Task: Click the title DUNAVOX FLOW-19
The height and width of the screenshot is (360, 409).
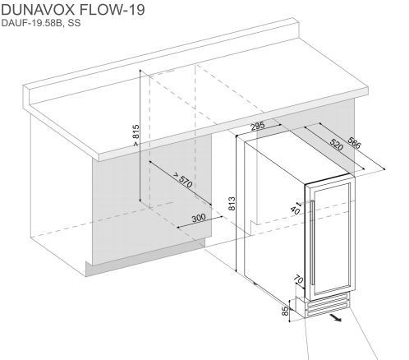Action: [x=73, y=10]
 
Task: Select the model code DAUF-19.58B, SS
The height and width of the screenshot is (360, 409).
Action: [x=41, y=23]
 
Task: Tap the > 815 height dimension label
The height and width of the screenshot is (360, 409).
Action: [x=136, y=136]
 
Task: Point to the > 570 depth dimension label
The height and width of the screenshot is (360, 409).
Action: [x=183, y=179]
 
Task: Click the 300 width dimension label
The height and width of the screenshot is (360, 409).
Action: [x=199, y=218]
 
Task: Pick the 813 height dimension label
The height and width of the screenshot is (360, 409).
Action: [x=232, y=204]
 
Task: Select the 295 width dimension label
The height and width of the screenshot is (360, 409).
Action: [x=258, y=126]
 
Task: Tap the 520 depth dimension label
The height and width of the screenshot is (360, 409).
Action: [x=337, y=145]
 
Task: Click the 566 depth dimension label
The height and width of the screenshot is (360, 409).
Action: [x=354, y=142]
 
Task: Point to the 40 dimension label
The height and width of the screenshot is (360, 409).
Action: [x=295, y=210]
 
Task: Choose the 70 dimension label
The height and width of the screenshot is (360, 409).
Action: [x=298, y=279]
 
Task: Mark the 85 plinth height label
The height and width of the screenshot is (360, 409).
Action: [x=286, y=311]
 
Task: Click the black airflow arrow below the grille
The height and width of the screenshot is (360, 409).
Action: [x=336, y=317]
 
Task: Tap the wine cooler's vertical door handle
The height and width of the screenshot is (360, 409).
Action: [x=312, y=242]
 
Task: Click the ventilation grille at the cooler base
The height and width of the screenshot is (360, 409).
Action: [x=328, y=306]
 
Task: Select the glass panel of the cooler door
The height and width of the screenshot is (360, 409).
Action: [x=332, y=239]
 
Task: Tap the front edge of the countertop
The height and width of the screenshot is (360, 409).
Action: [x=233, y=125]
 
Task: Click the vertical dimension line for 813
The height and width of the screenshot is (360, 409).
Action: [x=236, y=203]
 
